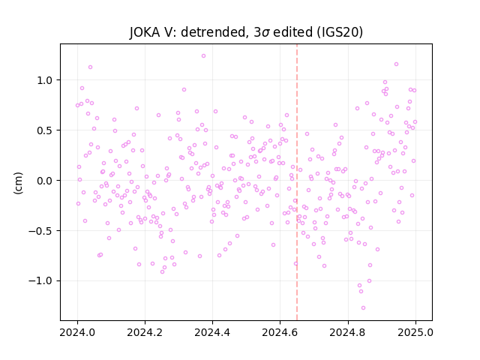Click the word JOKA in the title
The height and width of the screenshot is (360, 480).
[x=145, y=32]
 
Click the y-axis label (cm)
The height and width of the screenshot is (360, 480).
[x=18, y=183]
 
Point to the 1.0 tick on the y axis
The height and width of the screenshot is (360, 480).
[x=45, y=80]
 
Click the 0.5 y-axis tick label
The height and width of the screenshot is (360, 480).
[x=45, y=130]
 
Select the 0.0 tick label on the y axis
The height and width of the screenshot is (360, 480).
[x=45, y=181]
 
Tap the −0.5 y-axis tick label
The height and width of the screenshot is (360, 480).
[x=40, y=231]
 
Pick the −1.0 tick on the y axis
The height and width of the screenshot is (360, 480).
[x=40, y=281]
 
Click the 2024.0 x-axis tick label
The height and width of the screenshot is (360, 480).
[x=77, y=332]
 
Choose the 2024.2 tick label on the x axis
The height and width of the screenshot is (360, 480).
[x=145, y=332]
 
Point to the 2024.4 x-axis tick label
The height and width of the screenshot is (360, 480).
[x=212, y=332]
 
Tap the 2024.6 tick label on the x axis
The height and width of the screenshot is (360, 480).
[x=280, y=332]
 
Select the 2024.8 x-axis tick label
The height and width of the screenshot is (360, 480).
[x=348, y=332]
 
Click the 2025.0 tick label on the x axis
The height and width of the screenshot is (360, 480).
[x=415, y=332]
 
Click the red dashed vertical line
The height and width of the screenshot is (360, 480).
[x=297, y=182]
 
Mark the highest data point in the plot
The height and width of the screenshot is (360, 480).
[x=203, y=56]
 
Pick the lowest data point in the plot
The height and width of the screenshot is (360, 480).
[x=363, y=308]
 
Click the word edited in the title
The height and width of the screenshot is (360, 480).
[x=293, y=32]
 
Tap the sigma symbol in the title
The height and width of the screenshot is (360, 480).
[x=266, y=33]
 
